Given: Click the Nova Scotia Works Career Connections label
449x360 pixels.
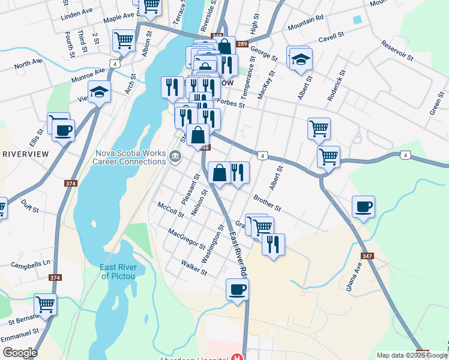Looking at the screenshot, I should pos(130,157).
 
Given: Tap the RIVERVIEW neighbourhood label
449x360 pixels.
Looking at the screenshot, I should pos(25,154).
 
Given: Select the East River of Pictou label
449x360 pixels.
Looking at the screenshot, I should pos(118,272).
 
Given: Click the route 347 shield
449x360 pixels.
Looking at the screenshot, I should pos(367,256).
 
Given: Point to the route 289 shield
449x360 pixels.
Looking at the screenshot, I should pos(241,44).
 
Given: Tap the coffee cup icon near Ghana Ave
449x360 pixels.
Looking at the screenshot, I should pos(363,207).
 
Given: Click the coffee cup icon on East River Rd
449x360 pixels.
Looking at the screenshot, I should pos(237,290).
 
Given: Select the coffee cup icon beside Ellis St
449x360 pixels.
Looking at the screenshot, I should pos(63,130).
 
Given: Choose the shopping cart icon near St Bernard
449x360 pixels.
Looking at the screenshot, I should pos(45,304).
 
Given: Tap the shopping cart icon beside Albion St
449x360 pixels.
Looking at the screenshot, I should pos(124,41).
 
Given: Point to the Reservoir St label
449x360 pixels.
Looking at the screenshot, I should pos(397,51).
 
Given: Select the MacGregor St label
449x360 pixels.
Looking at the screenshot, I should pos(187,239).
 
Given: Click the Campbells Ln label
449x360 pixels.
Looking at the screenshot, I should pos(30,264).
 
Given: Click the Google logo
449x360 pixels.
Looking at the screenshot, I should pos(20,353).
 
